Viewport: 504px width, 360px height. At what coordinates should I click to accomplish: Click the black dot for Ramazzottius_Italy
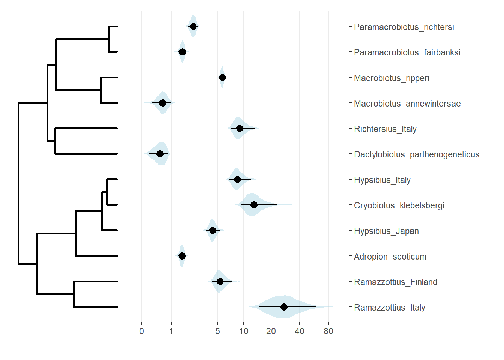(x=284, y=307)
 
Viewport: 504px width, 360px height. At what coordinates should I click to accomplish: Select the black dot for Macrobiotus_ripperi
(x=222, y=77)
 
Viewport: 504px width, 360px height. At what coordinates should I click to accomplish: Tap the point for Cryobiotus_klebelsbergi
(x=254, y=205)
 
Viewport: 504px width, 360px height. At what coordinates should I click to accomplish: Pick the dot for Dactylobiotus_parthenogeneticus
(x=160, y=154)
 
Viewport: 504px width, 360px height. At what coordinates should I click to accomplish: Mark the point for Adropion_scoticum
(x=182, y=256)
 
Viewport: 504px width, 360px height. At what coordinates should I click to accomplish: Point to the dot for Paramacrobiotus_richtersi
(x=193, y=26)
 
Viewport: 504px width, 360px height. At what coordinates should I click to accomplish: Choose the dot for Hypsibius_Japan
(x=213, y=230)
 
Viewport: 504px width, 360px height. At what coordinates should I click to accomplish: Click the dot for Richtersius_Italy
(x=240, y=128)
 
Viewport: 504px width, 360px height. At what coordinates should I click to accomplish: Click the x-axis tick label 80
(x=328, y=331)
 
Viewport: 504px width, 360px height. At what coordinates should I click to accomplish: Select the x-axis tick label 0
(x=141, y=331)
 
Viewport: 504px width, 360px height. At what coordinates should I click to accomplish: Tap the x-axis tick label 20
(x=271, y=331)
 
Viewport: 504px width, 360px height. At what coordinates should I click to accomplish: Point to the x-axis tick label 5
(x=217, y=331)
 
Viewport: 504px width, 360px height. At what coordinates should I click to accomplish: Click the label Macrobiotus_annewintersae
(x=407, y=103)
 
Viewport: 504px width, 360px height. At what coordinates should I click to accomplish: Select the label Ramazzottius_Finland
(x=396, y=282)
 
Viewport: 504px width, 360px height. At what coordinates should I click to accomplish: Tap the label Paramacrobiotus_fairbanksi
(x=407, y=52)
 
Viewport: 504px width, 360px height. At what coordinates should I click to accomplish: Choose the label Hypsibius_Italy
(x=382, y=180)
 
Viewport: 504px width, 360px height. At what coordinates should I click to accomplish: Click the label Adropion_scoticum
(x=390, y=256)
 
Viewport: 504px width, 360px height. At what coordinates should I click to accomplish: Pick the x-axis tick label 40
(x=300, y=331)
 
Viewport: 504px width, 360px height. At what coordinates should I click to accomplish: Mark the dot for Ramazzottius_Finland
(x=220, y=281)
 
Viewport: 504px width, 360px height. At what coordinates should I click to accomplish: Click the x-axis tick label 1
(x=171, y=331)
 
